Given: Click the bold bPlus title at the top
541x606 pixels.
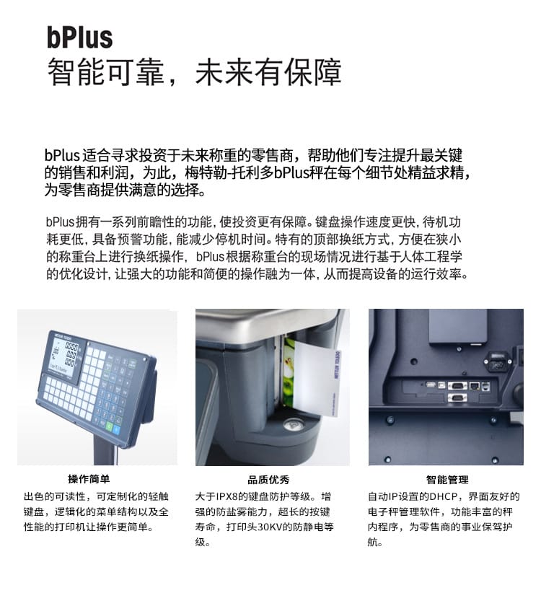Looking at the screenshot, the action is [79, 37].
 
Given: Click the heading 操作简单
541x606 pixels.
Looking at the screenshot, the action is [89, 479].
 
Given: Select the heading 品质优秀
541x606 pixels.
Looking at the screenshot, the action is [268, 480].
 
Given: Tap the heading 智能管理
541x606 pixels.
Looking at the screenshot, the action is [447, 480].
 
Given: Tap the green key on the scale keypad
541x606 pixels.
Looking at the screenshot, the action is [110, 426].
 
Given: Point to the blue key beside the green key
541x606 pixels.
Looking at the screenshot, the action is [117, 429].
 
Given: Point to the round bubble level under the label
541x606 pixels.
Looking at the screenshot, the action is [294, 425].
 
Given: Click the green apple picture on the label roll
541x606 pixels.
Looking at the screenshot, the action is [289, 372].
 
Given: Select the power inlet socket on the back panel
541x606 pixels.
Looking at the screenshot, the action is [498, 361].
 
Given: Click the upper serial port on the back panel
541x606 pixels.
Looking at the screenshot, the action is [457, 385].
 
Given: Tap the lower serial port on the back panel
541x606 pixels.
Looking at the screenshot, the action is [457, 398].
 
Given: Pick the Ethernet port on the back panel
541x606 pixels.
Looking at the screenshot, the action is [475, 386].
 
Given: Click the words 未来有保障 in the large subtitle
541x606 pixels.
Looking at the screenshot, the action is [268, 73].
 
